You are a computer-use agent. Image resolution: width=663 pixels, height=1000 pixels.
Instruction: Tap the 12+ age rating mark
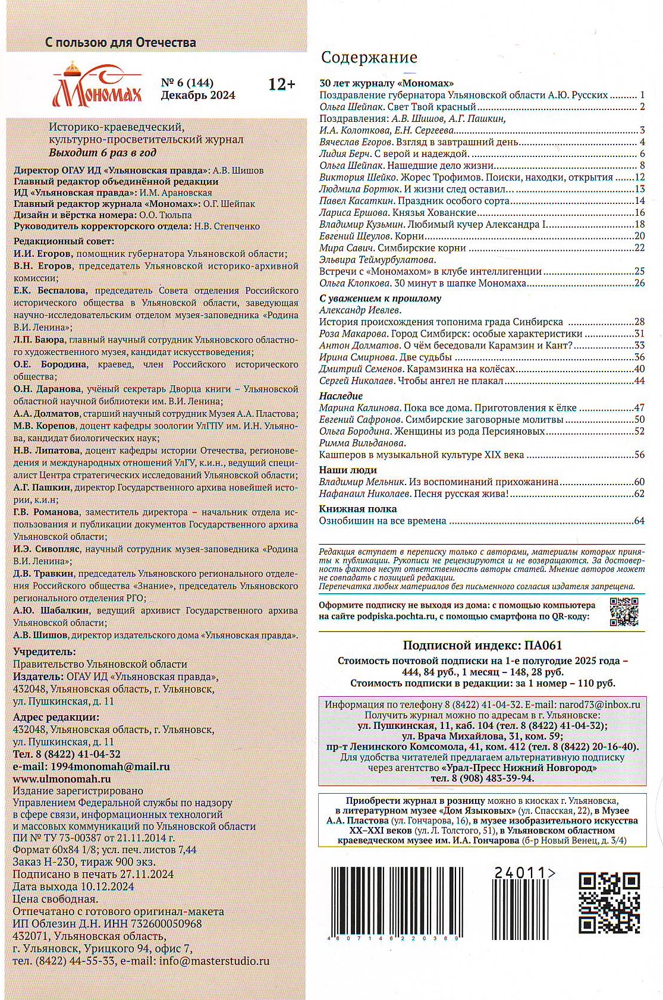[281, 84]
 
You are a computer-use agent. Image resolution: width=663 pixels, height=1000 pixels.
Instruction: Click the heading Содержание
[369, 57]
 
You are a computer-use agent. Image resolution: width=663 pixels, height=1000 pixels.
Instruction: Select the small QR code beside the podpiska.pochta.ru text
[624, 611]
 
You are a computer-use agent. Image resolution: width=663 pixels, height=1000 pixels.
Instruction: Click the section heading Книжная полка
[357, 509]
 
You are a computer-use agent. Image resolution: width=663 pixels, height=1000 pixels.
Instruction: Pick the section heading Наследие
[341, 396]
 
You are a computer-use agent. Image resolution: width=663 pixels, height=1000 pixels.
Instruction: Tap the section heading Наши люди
[348, 470]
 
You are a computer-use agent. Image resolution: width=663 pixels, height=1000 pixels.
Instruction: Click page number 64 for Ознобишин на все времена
[639, 521]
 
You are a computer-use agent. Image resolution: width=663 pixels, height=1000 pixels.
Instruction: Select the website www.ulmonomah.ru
[62, 779]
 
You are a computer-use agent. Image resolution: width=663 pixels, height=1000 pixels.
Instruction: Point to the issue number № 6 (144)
[187, 83]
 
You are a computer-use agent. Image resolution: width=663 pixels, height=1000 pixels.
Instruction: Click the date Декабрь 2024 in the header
[198, 95]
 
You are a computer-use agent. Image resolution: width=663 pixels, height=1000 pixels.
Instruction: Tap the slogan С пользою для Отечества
[121, 43]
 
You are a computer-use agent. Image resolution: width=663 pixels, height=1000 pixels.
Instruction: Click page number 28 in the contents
[639, 322]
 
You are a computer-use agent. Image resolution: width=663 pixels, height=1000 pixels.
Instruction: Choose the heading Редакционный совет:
[64, 241]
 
